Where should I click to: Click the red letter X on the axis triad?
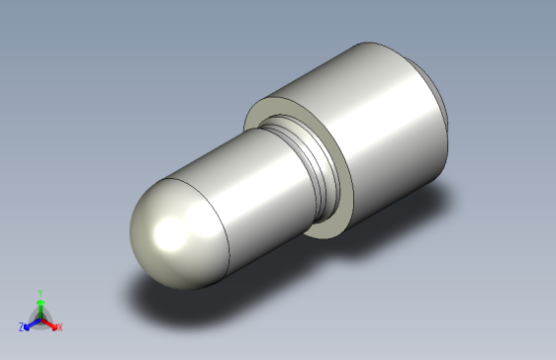pyautogui.click(x=60, y=326)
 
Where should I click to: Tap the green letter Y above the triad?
pyautogui.click(x=41, y=293)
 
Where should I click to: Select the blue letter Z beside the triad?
pyautogui.click(x=21, y=326)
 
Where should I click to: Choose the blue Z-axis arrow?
pyautogui.click(x=30, y=322)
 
